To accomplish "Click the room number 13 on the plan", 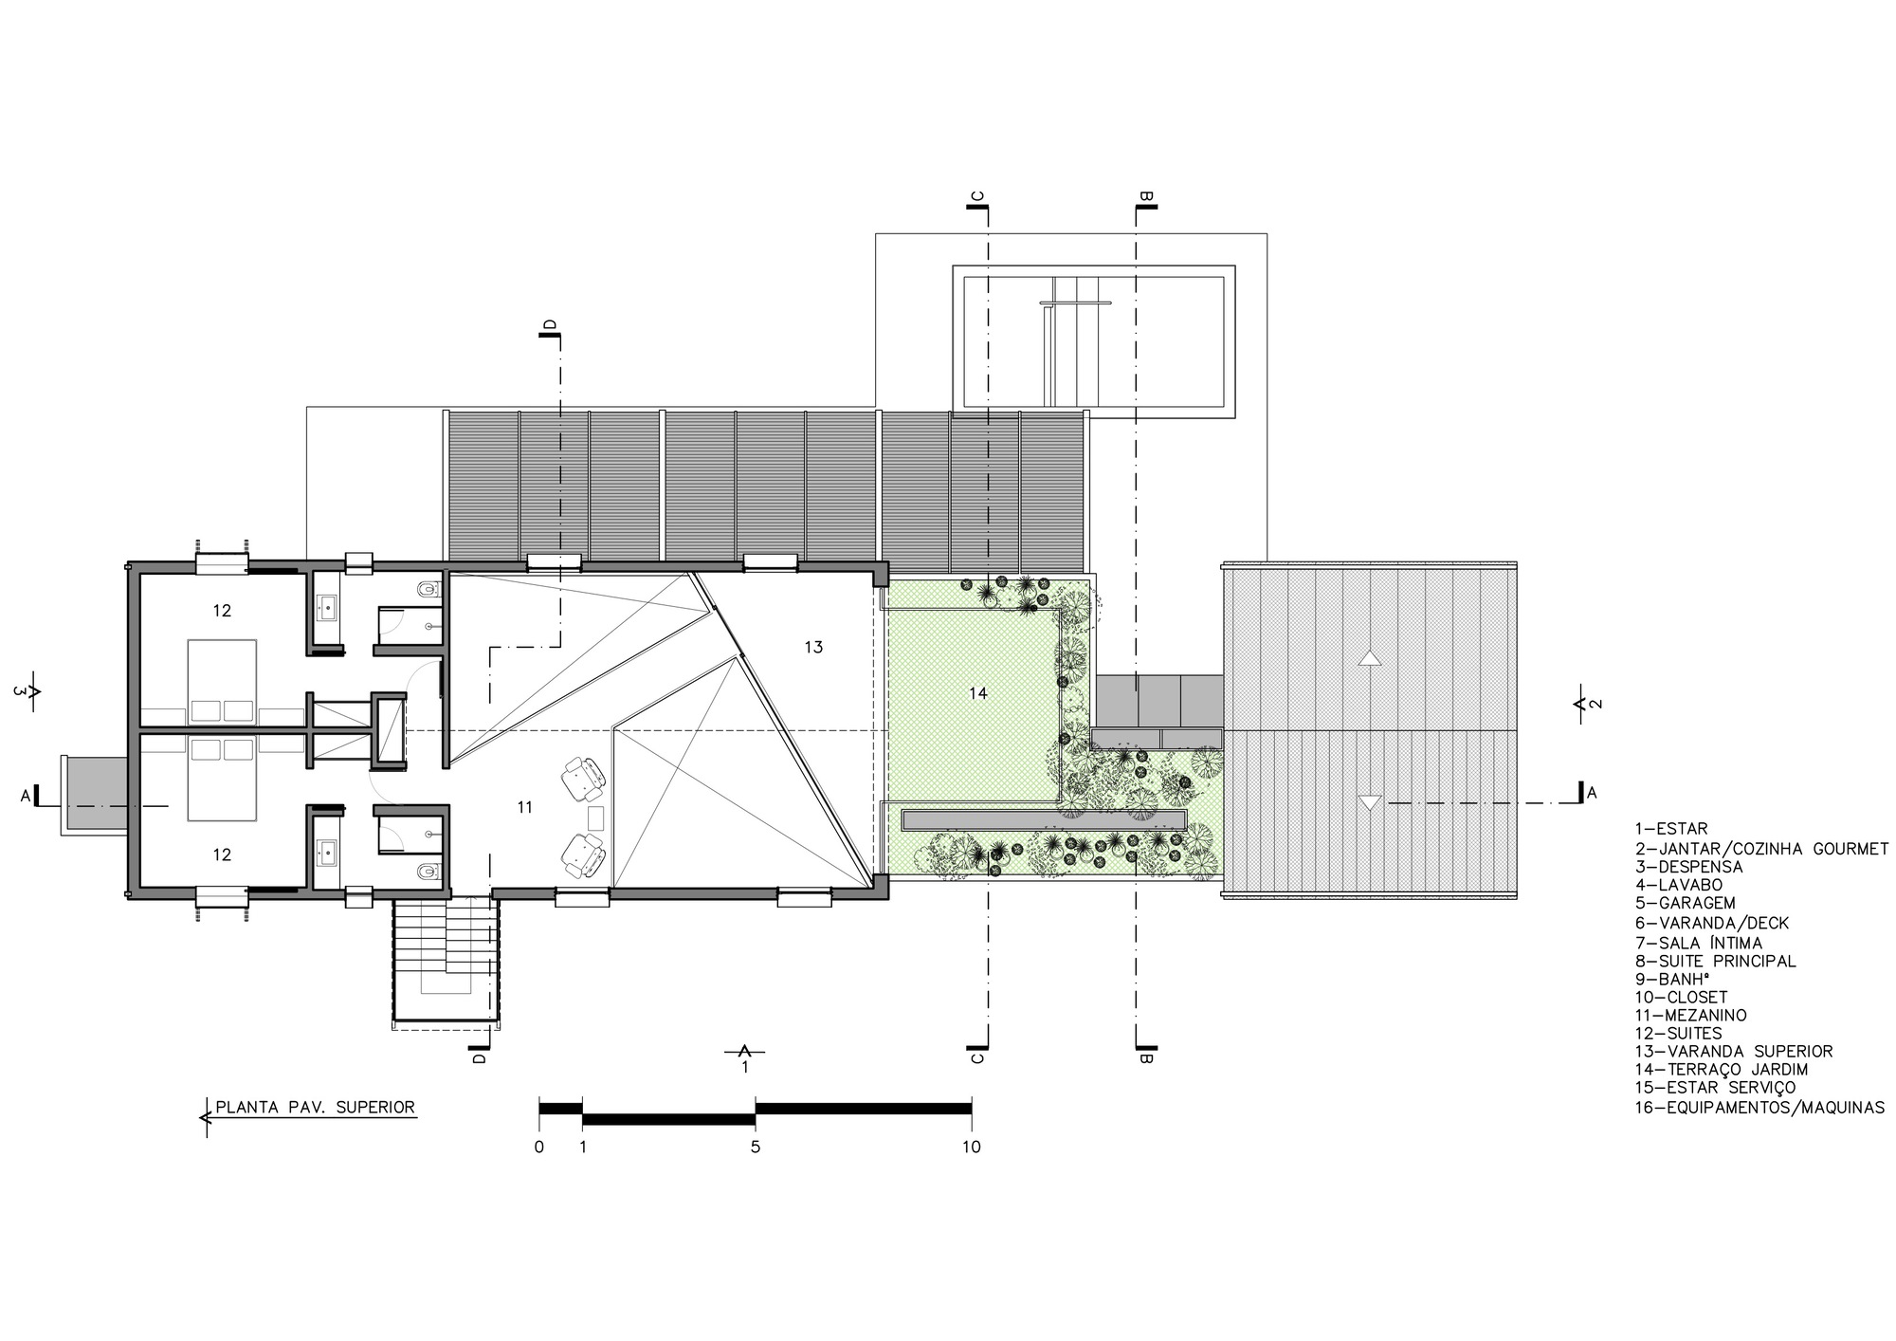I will (813, 647).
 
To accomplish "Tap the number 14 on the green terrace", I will (978, 693).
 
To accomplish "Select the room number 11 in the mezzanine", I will (525, 807).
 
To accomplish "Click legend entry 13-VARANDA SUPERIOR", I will (1733, 1051).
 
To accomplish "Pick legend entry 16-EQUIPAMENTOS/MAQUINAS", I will (1759, 1107).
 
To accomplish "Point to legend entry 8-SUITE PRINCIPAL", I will (1715, 961).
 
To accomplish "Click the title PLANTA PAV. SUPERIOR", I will (315, 1107).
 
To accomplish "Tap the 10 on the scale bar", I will (971, 1147).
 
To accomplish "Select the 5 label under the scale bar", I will (756, 1147).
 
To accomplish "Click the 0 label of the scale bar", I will (539, 1147).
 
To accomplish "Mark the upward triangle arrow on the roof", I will (1369, 657).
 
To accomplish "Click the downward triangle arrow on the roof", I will (1369, 802).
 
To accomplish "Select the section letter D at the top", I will (551, 326).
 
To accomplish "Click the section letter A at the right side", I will (1592, 793).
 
